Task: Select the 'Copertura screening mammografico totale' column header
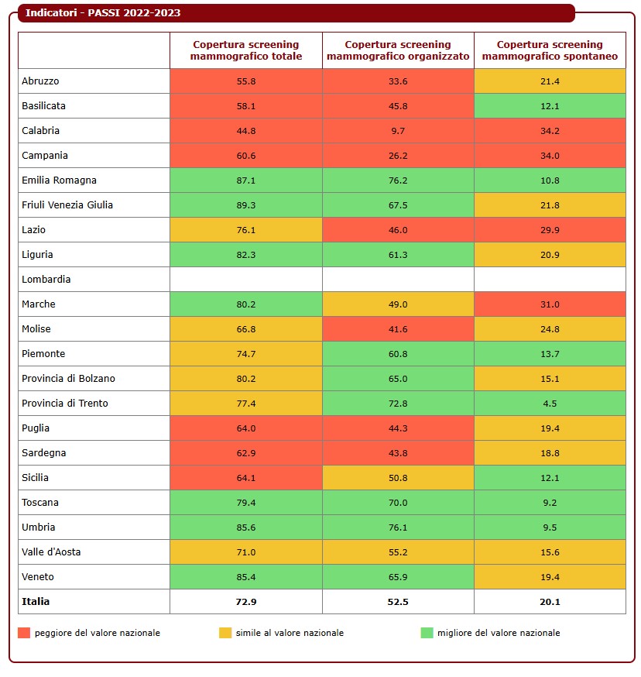246,50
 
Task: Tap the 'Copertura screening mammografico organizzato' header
398,50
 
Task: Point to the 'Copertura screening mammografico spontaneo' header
550,50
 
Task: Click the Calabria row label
41,131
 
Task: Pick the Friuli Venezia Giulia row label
67,205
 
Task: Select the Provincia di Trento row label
65,404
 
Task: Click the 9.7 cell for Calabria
398,131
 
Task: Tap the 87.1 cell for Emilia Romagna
246,180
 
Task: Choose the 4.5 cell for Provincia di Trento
550,404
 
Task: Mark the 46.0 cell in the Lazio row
398,230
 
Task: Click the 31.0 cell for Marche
550,304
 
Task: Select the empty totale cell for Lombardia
246,280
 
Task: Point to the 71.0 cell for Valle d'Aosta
246,552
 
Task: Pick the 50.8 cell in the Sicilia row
398,478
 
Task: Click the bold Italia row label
36,601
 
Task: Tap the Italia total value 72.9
246,602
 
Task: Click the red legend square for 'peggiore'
24,633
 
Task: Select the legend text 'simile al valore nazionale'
290,633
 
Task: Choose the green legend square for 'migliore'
427,633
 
